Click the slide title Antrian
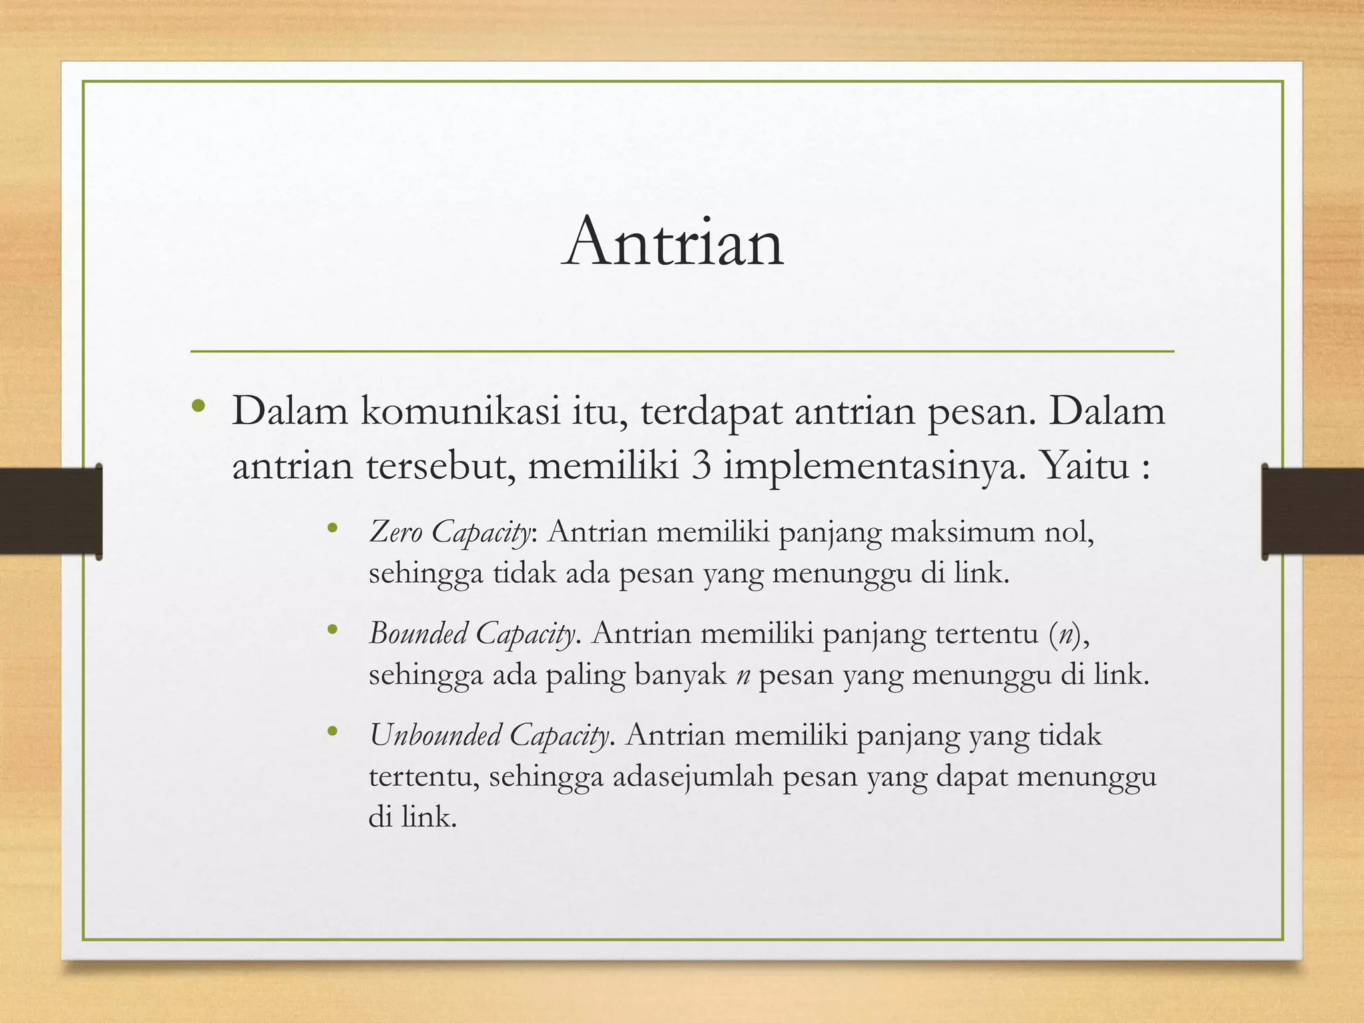click(673, 242)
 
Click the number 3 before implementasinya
click(701, 466)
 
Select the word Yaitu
click(1084, 466)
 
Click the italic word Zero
click(396, 533)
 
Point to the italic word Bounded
click(418, 633)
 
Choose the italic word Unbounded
click(435, 736)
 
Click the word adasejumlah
click(692, 777)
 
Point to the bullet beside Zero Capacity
click(333, 529)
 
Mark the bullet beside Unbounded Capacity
click(333, 733)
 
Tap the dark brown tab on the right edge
click(1312, 511)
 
